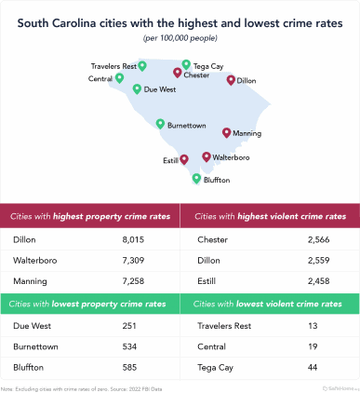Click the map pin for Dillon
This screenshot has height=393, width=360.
point(231,80)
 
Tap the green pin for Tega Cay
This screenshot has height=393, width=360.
point(186,65)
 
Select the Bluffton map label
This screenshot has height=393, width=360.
point(217,180)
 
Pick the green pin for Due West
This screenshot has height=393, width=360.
point(137,89)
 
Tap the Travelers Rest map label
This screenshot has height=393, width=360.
point(112,66)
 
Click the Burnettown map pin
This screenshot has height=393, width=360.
point(161,123)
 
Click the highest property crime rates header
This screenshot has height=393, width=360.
point(90,216)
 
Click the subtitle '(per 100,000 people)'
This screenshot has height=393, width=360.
point(180,38)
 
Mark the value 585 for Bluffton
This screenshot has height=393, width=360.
point(131,368)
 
